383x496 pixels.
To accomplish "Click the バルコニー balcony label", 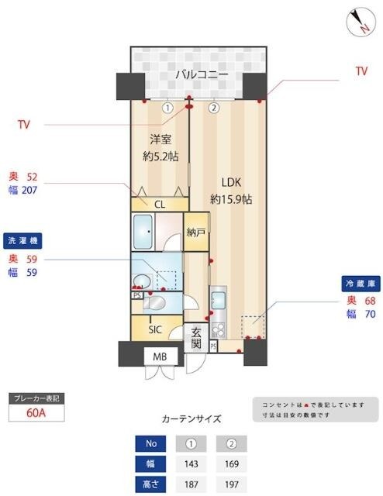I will [x=201, y=75].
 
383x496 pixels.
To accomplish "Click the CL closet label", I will [x=159, y=205].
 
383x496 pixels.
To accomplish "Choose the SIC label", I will [x=155, y=329].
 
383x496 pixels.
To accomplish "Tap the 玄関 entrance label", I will [x=196, y=334].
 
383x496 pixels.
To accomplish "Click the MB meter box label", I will [x=160, y=356].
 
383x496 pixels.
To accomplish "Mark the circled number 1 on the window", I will [x=167, y=108].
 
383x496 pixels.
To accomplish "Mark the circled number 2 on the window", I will [x=215, y=108].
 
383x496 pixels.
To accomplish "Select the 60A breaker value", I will [x=36, y=413].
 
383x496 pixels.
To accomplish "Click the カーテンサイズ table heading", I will [x=191, y=419].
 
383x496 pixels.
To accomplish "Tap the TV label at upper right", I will [x=361, y=71].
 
